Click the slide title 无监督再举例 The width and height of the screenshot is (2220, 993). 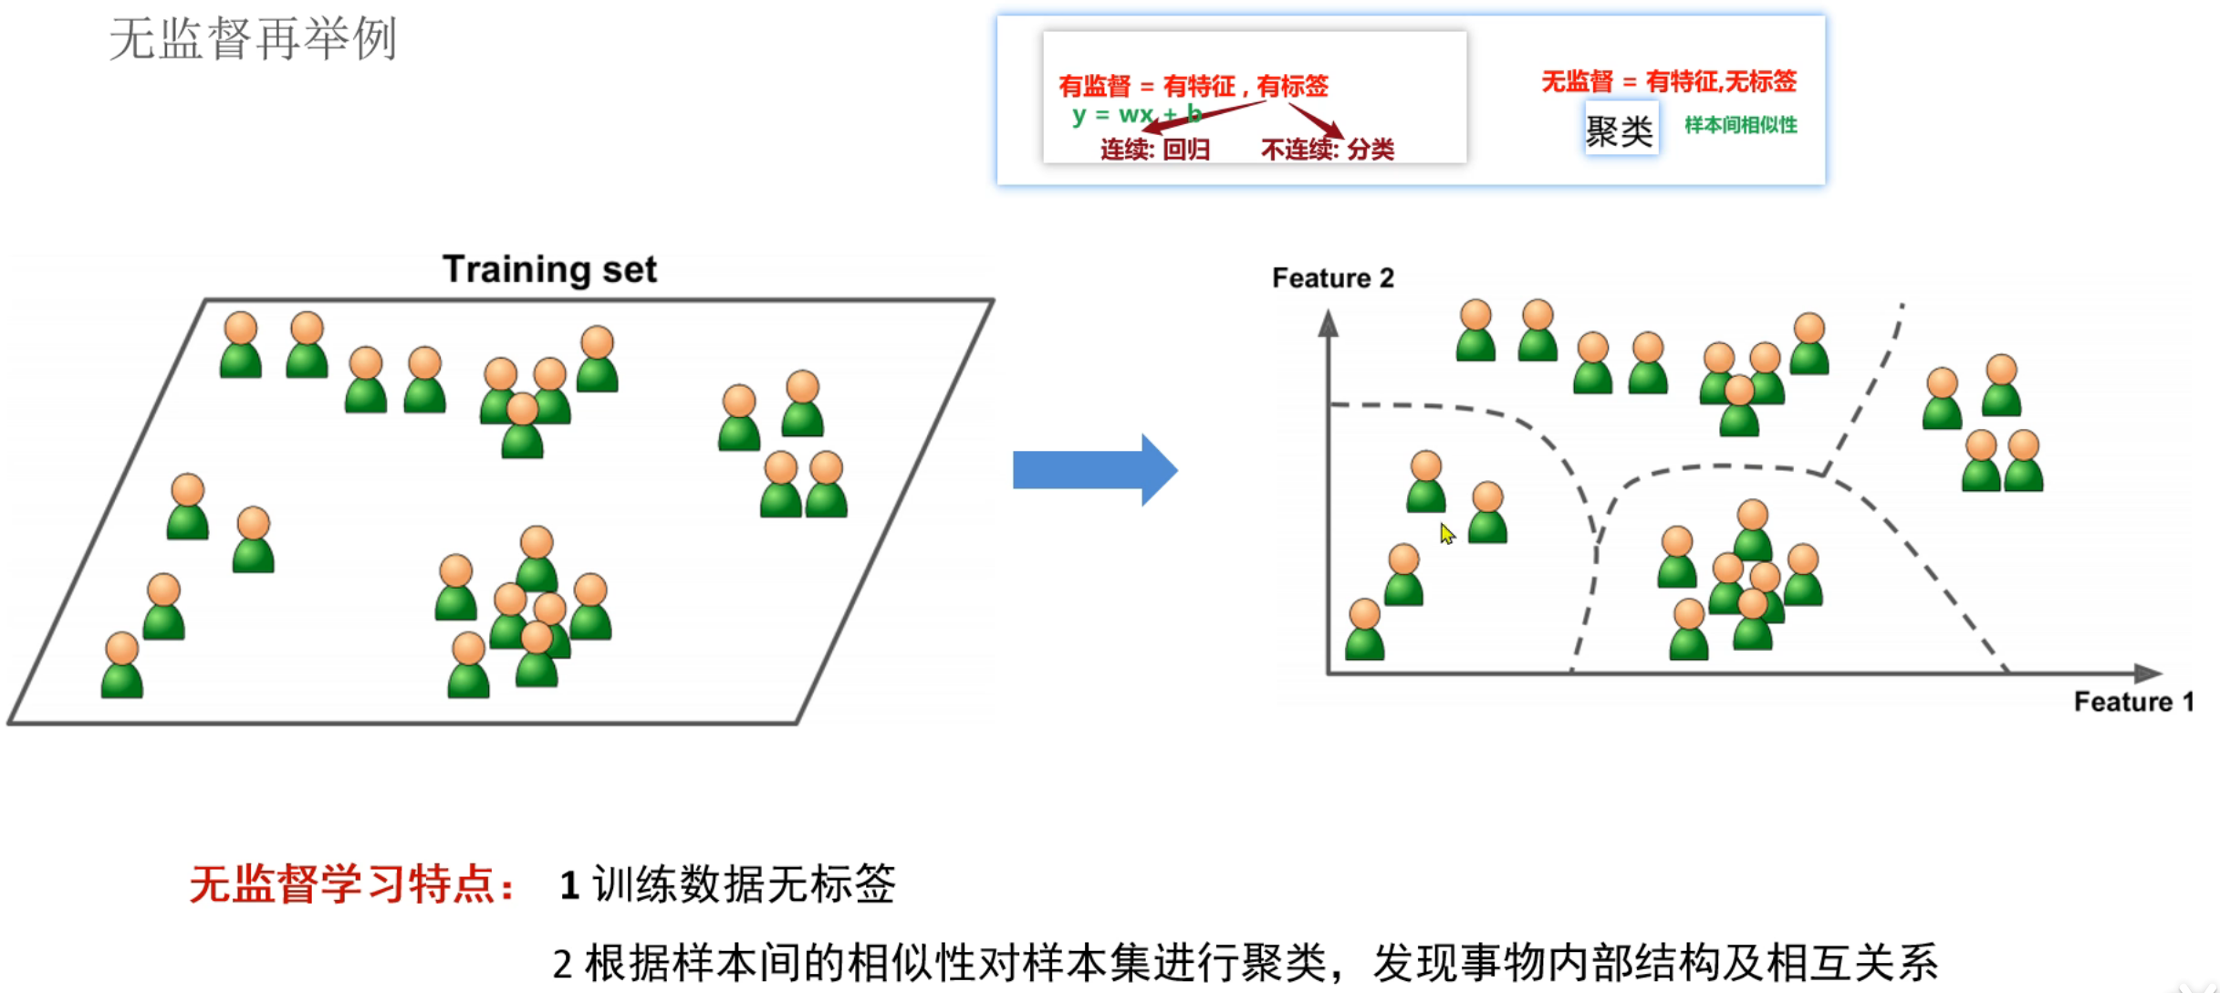pos(253,39)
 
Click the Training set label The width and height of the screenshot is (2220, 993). pos(549,269)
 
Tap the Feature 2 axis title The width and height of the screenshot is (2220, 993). pos(1332,277)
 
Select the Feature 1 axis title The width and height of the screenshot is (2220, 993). pos(2132,701)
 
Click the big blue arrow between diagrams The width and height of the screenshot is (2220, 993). pos(1095,470)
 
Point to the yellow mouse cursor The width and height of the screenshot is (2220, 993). pos(1446,533)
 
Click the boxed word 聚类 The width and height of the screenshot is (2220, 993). pos(1620,131)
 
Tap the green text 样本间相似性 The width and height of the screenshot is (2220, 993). pos(1740,125)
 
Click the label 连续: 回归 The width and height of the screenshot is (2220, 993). pos(1154,149)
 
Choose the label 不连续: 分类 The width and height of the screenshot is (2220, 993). pos(1327,149)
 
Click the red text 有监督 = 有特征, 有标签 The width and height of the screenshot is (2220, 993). pos(1193,86)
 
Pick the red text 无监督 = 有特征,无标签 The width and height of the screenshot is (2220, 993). pos(1668,81)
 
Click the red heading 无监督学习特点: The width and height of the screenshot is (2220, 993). pos(351,883)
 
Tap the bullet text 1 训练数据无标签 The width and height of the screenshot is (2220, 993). pos(727,883)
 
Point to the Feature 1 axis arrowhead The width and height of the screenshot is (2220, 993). pos(2148,674)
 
